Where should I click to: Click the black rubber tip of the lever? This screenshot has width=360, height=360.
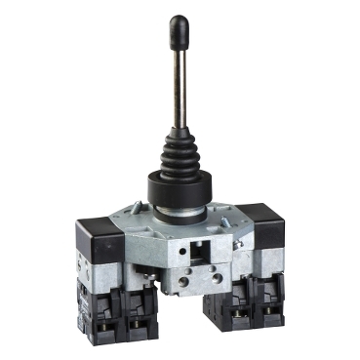[179, 29]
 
